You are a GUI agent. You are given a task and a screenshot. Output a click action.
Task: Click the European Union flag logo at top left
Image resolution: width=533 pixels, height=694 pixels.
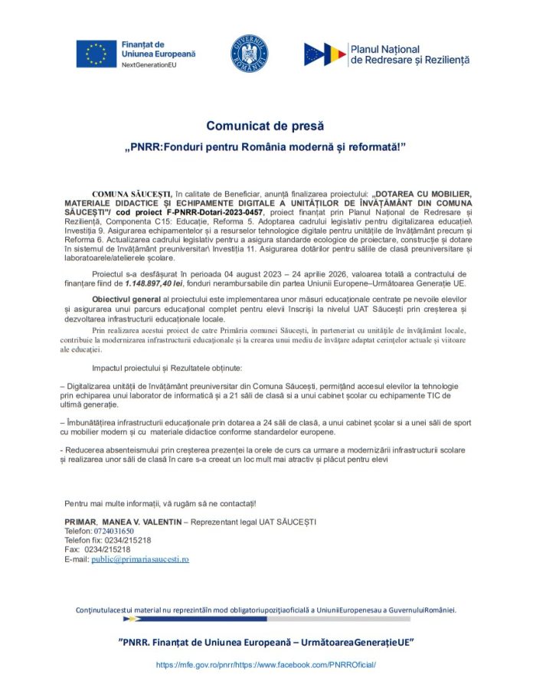point(96,54)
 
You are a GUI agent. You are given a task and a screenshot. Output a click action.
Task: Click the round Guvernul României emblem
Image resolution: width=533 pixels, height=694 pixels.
point(249,54)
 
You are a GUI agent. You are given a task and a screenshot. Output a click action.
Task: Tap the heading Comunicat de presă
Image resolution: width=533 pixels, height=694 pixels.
point(265,126)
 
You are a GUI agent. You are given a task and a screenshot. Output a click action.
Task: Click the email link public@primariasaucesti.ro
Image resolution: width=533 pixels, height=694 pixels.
point(140,559)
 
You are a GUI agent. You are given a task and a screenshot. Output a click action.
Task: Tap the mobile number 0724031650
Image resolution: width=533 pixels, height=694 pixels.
point(114,531)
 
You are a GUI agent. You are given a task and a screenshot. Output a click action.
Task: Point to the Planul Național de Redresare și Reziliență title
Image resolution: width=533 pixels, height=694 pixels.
point(409,54)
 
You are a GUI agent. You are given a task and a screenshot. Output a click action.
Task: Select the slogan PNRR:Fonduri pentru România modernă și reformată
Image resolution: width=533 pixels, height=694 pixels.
point(265,146)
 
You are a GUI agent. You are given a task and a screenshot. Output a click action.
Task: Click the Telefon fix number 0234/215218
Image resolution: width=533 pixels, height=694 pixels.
point(129,540)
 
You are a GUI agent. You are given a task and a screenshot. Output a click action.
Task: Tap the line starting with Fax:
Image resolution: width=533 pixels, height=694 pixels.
point(97,549)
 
